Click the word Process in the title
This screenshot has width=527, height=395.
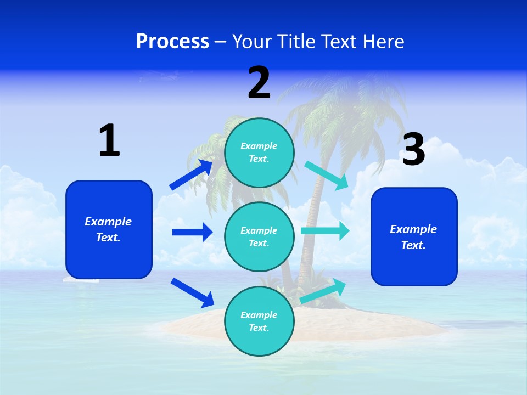(x=172, y=42)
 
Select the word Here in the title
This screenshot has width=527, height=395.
(x=383, y=42)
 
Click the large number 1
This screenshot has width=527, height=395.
(x=109, y=140)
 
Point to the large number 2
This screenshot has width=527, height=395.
(x=259, y=83)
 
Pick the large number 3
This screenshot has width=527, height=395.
(x=413, y=149)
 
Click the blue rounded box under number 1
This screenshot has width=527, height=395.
(x=109, y=229)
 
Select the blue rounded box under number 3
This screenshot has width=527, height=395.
(x=414, y=236)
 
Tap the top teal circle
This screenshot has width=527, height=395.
(x=259, y=153)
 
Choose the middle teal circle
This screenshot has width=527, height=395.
(x=259, y=236)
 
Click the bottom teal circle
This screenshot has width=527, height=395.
(x=259, y=321)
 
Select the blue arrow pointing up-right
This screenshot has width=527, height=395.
(x=192, y=175)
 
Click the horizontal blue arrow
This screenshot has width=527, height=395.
(x=192, y=232)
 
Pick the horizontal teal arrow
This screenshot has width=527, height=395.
(x=325, y=231)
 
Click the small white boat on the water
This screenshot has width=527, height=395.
(x=81, y=279)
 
